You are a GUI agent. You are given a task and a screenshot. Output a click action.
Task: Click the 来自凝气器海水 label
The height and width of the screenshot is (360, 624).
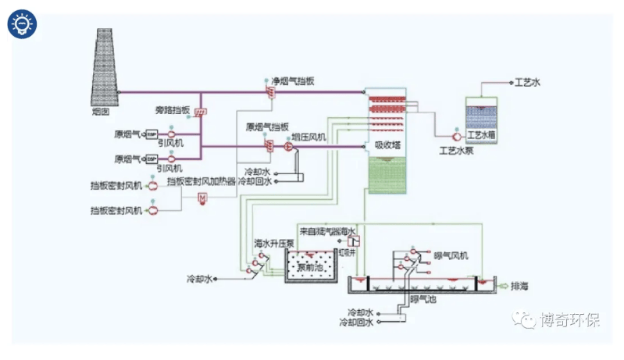point(327,231)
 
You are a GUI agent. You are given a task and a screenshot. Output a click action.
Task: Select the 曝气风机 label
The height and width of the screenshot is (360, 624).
point(451,255)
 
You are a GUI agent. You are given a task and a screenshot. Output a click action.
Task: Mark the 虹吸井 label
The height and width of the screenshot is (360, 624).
point(348,252)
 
